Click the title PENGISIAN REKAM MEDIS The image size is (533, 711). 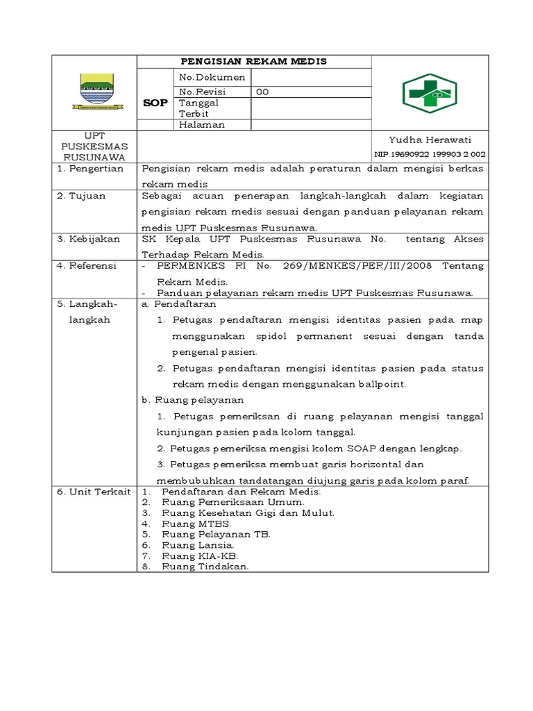click(x=254, y=62)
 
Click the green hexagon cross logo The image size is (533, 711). click(x=430, y=93)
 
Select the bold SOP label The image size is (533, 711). click(x=155, y=102)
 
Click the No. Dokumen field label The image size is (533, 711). click(x=212, y=77)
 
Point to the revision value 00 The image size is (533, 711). click(x=263, y=92)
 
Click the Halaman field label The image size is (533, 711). click(x=202, y=125)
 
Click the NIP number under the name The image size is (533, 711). click(x=430, y=154)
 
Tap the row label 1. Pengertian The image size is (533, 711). click(x=90, y=169)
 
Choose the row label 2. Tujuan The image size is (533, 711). click(x=81, y=196)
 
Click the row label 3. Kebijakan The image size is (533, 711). click(x=89, y=239)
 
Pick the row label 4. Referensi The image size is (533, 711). click(x=87, y=266)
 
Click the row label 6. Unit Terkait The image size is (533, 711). click(x=94, y=492)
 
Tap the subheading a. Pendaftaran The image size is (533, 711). click(x=179, y=304)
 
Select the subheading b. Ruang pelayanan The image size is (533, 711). click(x=192, y=400)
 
